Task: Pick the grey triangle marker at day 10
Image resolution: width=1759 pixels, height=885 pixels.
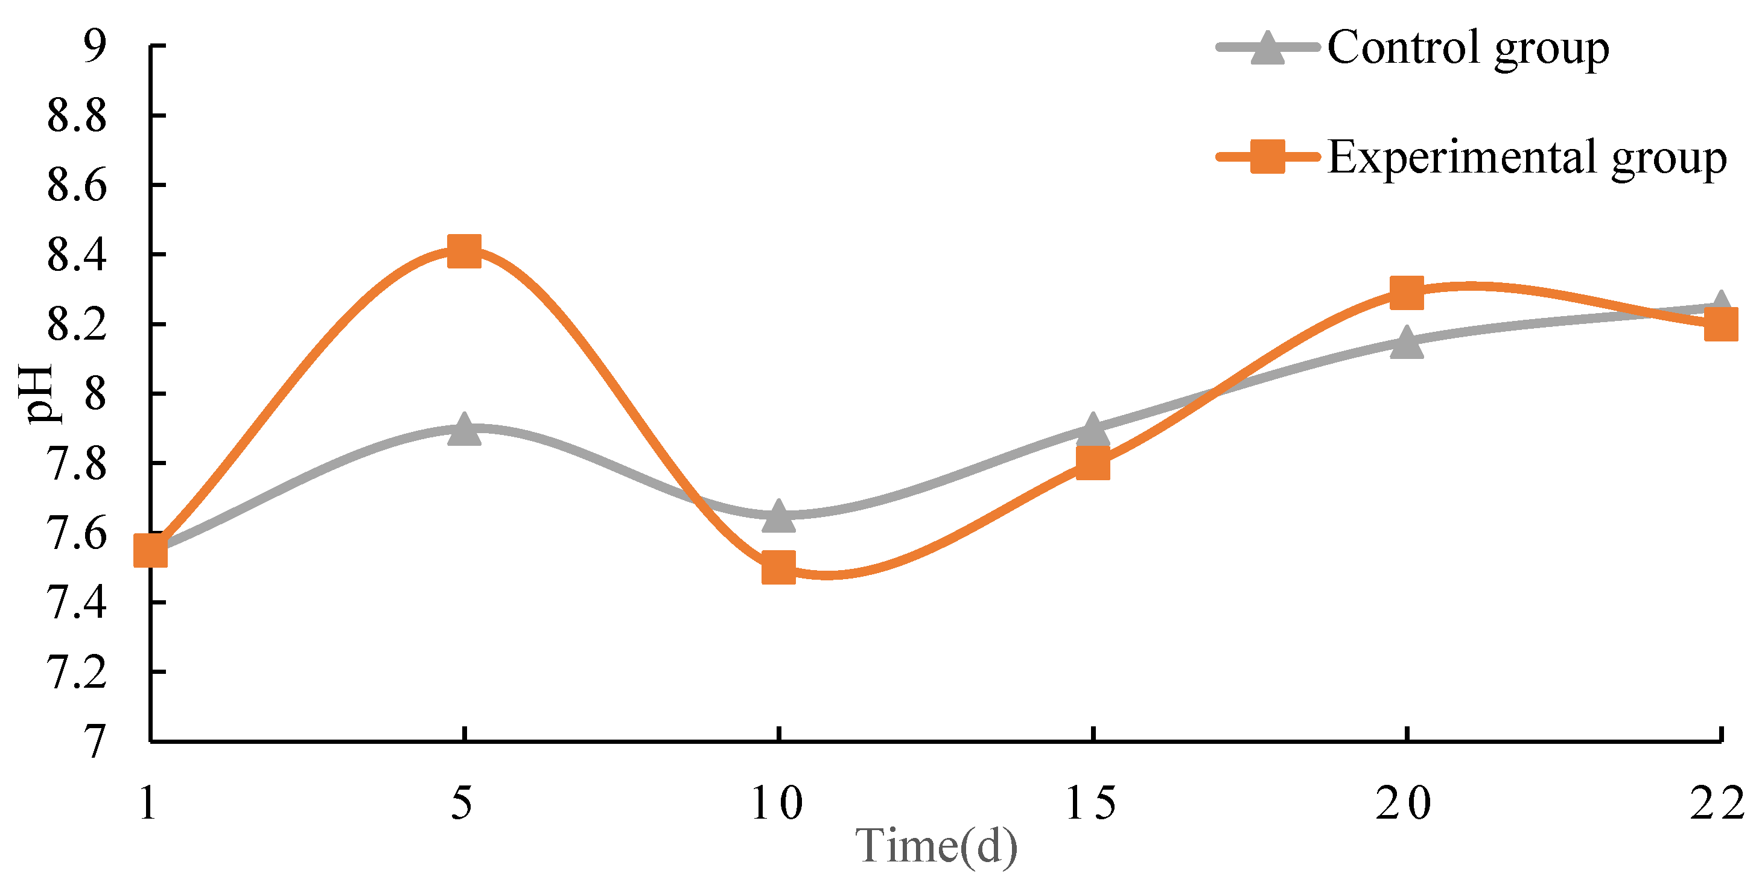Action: point(778,516)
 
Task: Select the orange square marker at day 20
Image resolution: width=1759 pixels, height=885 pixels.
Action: point(1407,294)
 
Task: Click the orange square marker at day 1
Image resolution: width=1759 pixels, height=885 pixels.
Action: point(150,551)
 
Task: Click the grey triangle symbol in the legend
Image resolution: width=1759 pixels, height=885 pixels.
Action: point(1267,48)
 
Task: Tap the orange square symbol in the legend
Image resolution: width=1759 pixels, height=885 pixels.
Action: point(1267,157)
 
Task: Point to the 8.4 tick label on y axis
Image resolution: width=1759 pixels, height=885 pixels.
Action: point(77,255)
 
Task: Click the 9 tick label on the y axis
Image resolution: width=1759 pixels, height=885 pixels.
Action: point(94,46)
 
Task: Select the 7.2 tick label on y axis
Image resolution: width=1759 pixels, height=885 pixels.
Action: point(77,673)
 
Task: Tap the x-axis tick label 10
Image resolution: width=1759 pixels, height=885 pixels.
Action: point(777,803)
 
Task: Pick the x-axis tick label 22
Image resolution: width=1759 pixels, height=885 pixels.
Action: point(1717,803)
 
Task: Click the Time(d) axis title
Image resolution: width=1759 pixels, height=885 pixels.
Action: point(936,847)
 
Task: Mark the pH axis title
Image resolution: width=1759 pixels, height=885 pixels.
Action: point(36,394)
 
